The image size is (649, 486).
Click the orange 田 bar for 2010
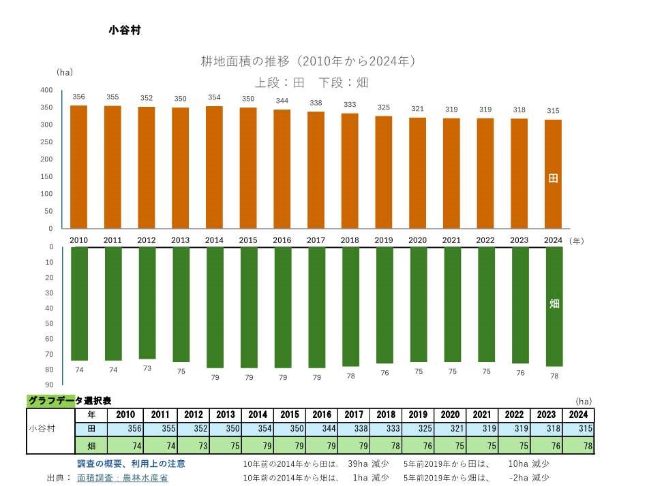point(78,167)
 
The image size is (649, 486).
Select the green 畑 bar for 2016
point(282,307)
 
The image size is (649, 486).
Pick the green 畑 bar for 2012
point(147,303)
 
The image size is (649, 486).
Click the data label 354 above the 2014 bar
point(214,97)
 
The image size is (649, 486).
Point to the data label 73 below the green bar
point(147,368)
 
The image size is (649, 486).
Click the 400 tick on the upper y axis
point(46,91)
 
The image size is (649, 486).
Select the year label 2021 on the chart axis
point(451,240)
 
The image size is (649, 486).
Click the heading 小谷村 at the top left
point(124,30)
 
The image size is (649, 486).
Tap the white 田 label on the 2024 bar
point(553,178)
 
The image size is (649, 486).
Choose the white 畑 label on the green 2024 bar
point(554,304)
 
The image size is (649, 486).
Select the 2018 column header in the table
point(387,415)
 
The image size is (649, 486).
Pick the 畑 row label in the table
point(91,446)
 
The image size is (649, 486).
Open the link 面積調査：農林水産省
point(122,478)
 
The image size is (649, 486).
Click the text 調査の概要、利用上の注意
point(130,464)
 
